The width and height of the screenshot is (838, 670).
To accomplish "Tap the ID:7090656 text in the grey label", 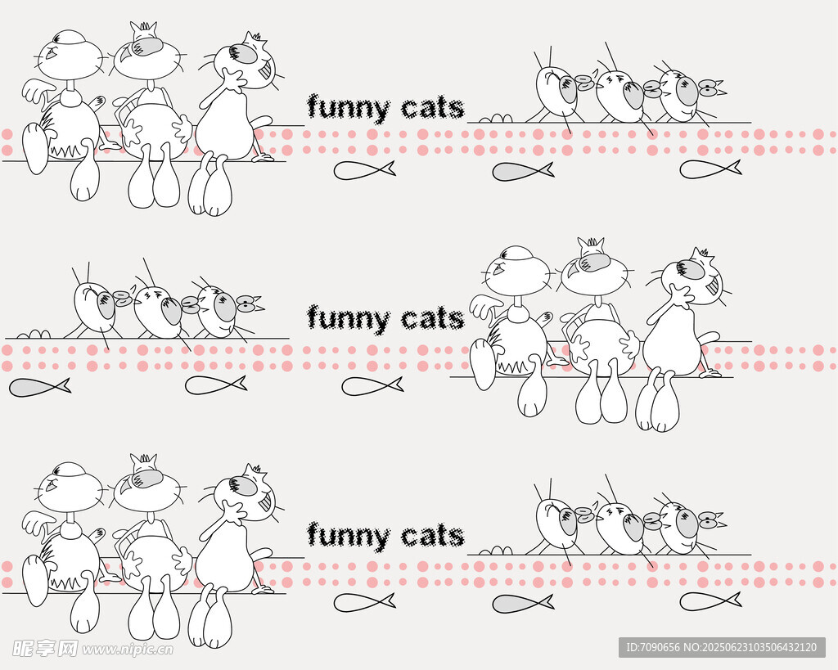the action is (x=652, y=648).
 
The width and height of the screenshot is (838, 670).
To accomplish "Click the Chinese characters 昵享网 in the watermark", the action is (x=45, y=649).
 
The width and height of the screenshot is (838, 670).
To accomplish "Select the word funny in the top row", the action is (x=348, y=109).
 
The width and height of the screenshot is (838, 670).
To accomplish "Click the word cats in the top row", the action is (x=433, y=109).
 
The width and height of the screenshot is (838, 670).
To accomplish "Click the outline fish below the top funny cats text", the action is (x=364, y=170).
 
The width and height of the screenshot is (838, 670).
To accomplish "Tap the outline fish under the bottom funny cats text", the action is (x=364, y=602).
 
